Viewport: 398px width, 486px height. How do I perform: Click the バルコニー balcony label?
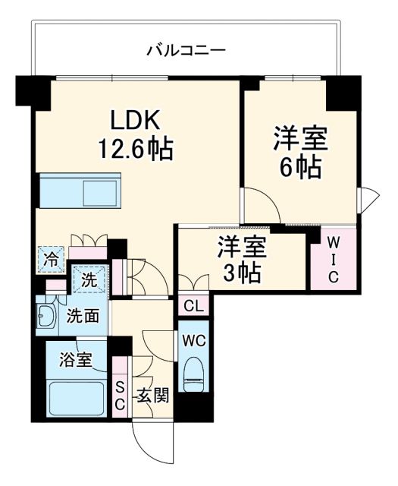tap(186, 52)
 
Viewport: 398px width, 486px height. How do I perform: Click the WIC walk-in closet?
tap(333, 259)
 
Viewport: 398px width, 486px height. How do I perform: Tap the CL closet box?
tap(193, 306)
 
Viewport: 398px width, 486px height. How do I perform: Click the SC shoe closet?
tap(120, 396)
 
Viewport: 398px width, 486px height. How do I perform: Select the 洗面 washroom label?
tap(82, 315)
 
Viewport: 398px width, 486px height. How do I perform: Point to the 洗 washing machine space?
tap(89, 279)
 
